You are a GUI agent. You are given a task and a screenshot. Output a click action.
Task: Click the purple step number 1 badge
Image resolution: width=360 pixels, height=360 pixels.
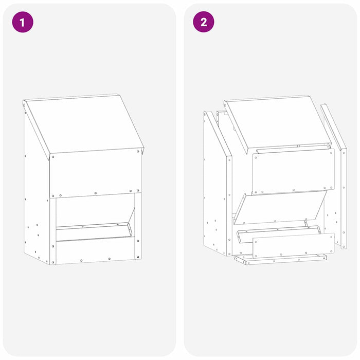[22, 22]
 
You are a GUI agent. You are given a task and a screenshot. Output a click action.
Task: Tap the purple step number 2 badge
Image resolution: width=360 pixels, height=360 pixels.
[203, 22]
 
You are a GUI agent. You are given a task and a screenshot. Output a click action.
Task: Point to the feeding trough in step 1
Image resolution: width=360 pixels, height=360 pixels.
[93, 231]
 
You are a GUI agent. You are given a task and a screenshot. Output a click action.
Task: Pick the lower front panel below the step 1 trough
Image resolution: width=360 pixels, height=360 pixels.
[95, 252]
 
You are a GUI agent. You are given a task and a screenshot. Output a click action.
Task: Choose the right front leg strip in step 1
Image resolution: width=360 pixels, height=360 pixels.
[138, 226]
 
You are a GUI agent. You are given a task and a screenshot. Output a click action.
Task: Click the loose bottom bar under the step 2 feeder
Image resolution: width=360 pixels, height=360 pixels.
[280, 259]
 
